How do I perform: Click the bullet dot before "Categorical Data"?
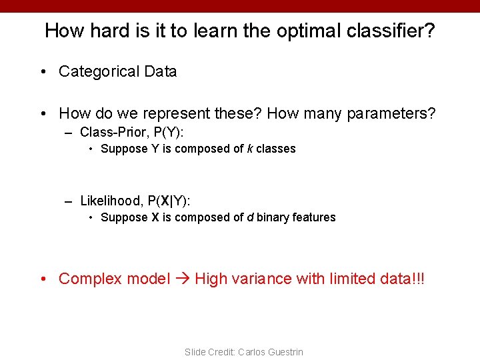(x=43, y=72)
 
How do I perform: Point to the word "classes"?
(x=276, y=149)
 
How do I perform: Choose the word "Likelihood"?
(x=111, y=201)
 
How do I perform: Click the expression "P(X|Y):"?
(x=169, y=201)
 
